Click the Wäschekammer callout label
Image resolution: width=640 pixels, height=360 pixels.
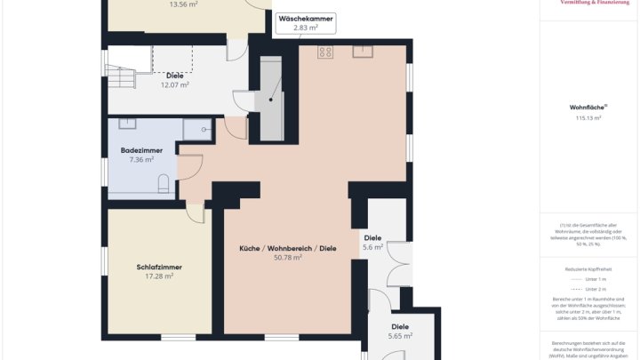point(307,23)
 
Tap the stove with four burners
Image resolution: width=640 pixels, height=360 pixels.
point(325,52)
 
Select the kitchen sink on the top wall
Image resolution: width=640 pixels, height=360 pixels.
point(362,50)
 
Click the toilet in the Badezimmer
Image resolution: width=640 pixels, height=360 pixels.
point(164,184)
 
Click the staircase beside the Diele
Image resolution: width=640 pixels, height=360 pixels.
point(121,77)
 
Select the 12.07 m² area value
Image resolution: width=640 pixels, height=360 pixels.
point(174,85)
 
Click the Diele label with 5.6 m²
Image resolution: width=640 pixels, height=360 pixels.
point(372,237)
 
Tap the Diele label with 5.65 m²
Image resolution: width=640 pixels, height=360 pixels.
point(402,326)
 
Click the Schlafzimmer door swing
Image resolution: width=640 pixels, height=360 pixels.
point(196,213)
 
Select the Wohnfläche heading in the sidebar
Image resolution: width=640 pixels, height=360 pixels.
point(588,107)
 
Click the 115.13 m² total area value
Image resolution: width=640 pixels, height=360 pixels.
point(588,117)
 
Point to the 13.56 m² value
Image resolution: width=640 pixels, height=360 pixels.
point(183,4)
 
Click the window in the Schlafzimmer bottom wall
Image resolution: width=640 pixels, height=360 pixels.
point(178,337)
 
